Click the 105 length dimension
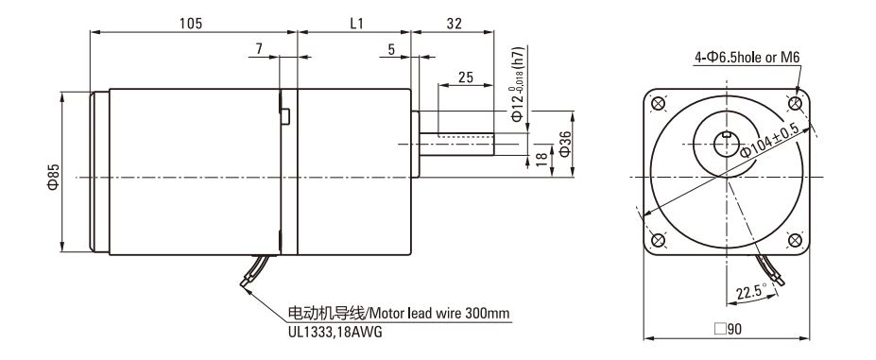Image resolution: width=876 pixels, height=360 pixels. [x=191, y=23]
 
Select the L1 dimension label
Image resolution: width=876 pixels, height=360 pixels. [x=356, y=23]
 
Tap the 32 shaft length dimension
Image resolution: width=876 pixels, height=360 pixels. [x=455, y=23]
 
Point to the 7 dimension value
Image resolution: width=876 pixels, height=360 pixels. [x=259, y=48]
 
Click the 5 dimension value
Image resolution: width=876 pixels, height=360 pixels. [x=391, y=49]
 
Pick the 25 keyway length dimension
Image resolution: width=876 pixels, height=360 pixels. [x=466, y=77]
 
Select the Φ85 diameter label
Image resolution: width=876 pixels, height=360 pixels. [x=52, y=176]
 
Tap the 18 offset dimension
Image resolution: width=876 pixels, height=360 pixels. [x=541, y=158]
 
